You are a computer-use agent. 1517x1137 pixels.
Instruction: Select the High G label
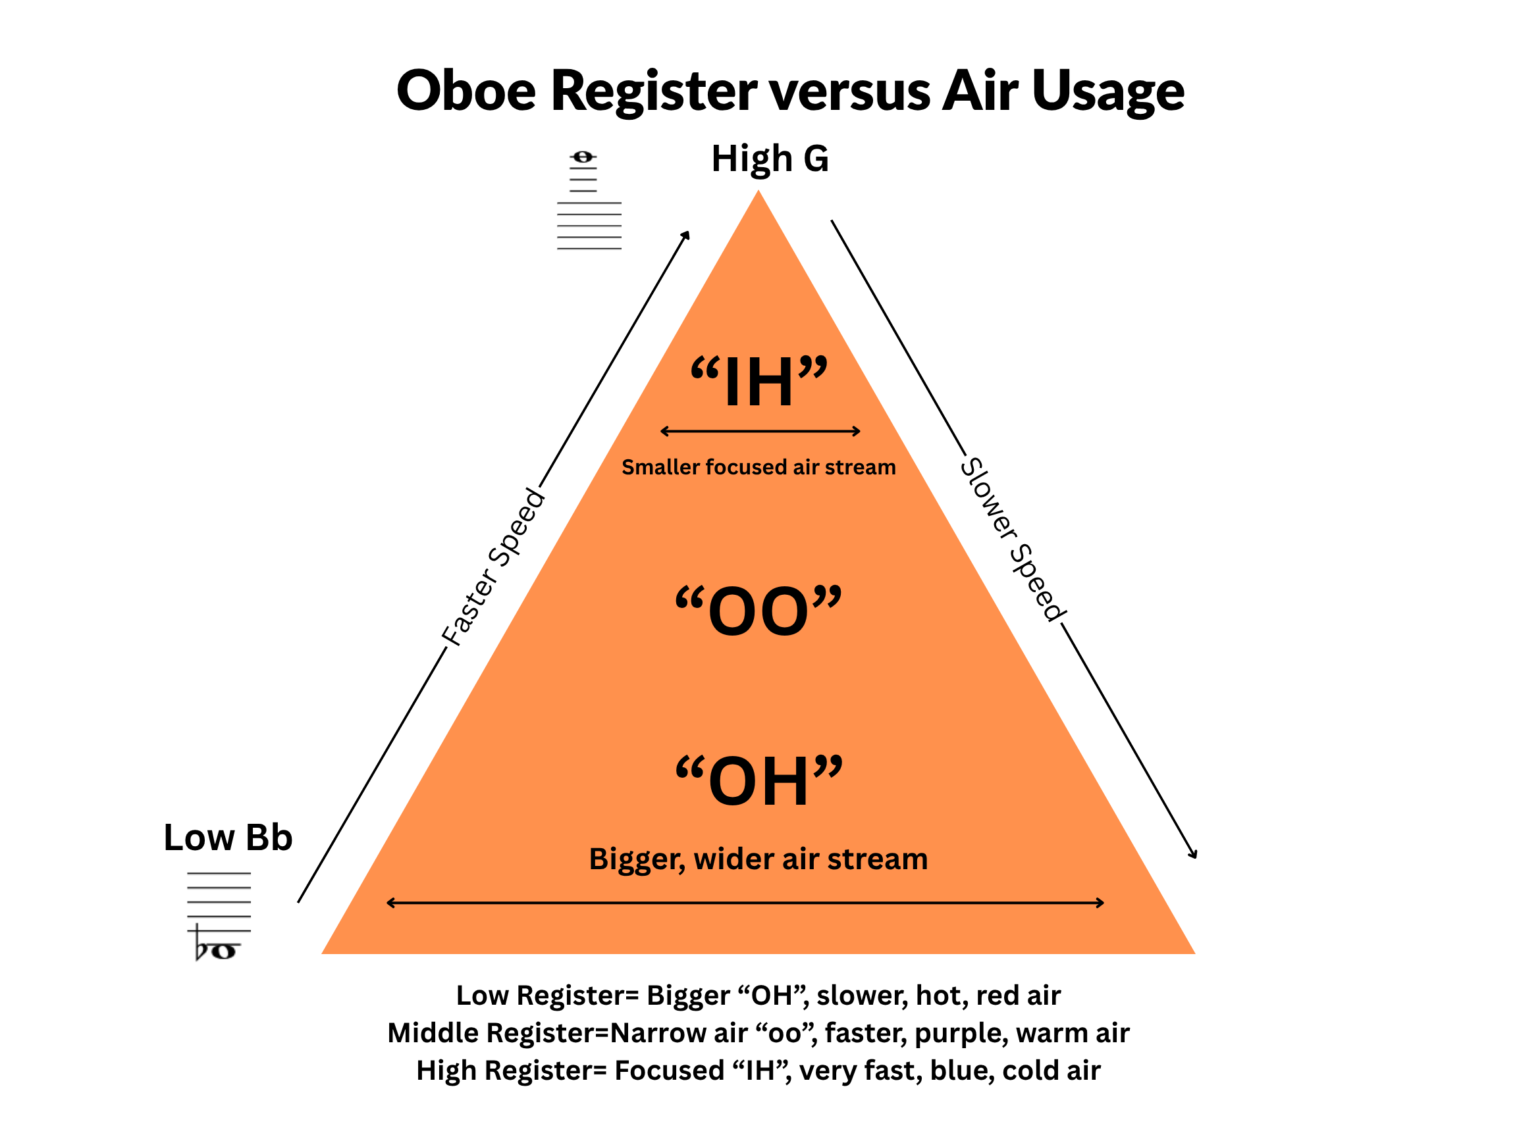[770, 159]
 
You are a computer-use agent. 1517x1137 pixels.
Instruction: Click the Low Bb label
[228, 838]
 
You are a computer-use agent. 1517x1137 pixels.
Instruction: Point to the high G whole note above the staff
[583, 158]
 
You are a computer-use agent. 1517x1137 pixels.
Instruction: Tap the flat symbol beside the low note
[201, 944]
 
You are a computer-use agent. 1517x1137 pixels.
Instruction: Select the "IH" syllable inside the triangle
[758, 381]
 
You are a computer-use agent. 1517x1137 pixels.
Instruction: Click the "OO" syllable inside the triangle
[758, 610]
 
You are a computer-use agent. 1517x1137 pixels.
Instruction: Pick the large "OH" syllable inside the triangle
[758, 780]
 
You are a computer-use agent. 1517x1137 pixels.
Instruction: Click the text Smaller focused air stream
[758, 467]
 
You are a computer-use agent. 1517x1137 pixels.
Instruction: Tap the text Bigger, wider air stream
[758, 859]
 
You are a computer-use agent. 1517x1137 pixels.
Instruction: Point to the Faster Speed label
[493, 566]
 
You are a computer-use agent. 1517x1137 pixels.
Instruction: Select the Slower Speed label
[1013, 540]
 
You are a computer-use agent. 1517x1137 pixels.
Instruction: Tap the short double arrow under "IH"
[760, 431]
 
